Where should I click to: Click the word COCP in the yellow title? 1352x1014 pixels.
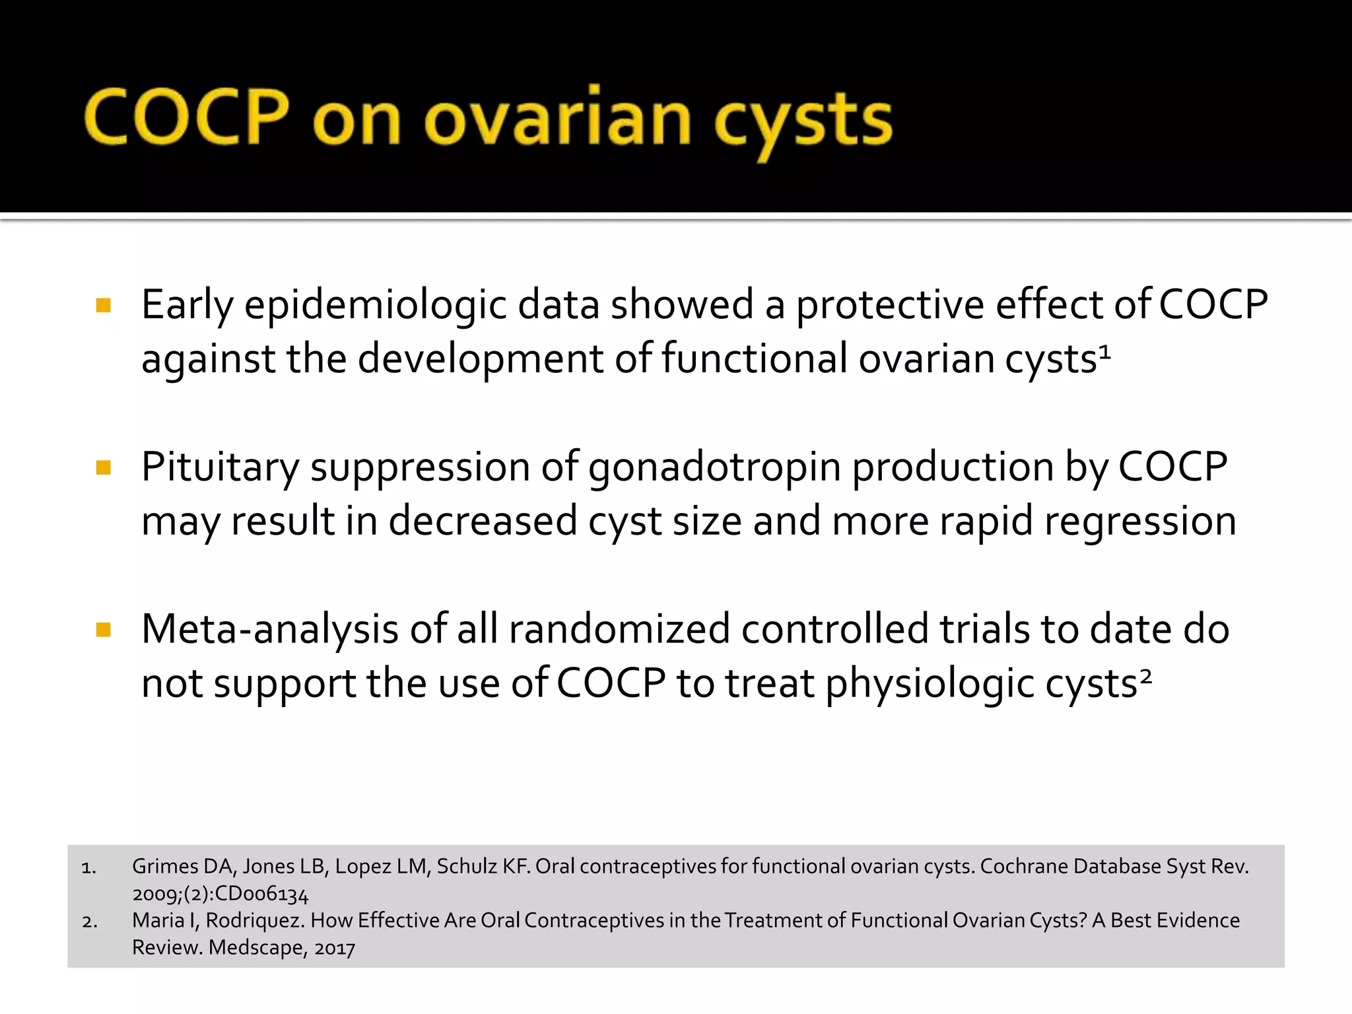187,117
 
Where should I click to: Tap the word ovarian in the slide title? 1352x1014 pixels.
558,119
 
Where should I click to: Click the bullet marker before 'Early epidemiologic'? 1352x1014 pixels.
103,305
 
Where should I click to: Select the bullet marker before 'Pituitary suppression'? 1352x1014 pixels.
103,468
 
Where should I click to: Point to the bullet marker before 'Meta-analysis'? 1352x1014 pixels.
103,630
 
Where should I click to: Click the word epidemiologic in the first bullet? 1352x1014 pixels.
375,306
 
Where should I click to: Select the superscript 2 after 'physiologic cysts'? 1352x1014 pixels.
1146,676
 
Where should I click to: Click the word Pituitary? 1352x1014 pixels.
220,467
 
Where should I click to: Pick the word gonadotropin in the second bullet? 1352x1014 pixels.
714,467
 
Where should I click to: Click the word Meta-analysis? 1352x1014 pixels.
270,629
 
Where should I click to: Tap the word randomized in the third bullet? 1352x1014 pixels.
619,629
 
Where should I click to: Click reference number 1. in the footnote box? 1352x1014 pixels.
89,867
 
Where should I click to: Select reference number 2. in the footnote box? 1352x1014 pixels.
90,922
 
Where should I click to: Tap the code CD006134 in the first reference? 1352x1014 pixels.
261,894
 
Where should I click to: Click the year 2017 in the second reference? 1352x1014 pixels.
335,948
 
